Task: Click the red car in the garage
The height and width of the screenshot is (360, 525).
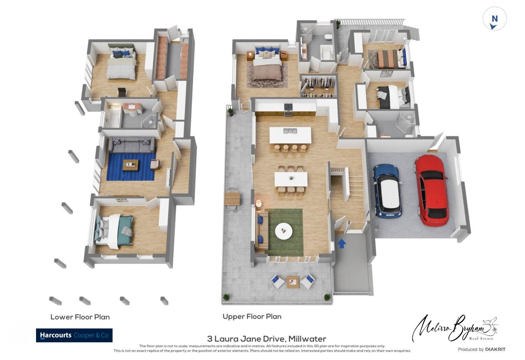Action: (432, 191)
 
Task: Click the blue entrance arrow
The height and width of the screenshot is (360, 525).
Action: (342, 243)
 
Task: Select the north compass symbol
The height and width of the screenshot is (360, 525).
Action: (495, 19)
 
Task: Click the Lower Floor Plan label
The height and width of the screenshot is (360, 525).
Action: (80, 317)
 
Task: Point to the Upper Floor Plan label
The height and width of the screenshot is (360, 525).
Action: (252, 317)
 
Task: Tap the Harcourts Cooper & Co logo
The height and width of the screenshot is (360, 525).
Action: (74, 335)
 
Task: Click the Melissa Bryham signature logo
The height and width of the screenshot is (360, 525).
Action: (455, 328)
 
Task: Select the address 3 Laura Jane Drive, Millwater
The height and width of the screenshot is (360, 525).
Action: (266, 339)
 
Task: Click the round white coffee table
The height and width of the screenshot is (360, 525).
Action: (283, 231)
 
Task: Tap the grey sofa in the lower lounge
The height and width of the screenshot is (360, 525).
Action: (132, 145)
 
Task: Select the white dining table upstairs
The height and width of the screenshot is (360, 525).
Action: (291, 179)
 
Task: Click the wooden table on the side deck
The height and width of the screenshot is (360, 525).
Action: (232, 199)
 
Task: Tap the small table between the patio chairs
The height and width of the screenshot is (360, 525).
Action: (293, 282)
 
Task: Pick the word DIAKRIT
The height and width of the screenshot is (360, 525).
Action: (495, 349)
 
